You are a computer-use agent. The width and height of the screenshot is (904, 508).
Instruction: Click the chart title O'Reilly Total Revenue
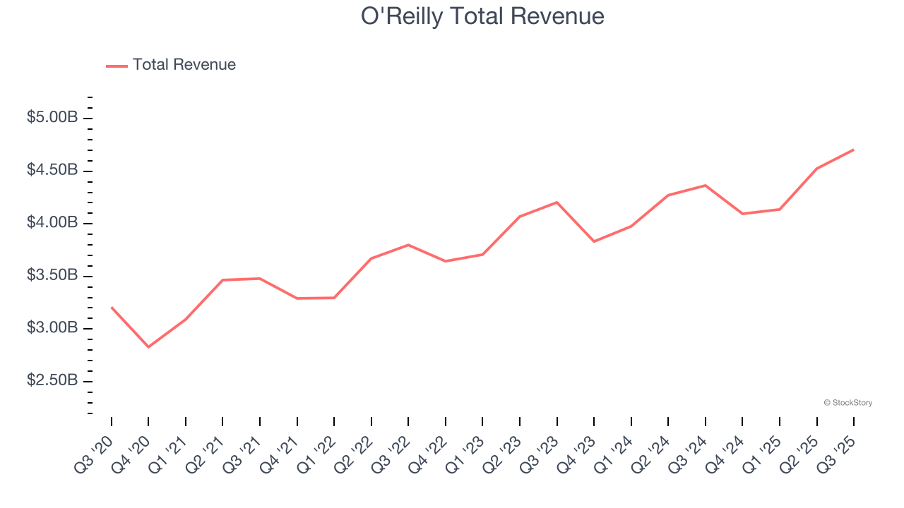[x=482, y=16]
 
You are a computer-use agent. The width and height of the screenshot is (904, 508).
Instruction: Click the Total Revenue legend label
[x=184, y=65]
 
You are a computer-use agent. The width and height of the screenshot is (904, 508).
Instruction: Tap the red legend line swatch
[x=117, y=66]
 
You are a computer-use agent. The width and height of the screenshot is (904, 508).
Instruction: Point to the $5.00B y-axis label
[x=52, y=117]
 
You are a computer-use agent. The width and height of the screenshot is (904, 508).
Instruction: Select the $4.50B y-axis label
[x=52, y=170]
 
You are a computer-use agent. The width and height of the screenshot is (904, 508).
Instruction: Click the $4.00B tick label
[x=52, y=222]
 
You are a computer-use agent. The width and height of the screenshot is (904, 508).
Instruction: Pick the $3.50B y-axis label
[x=52, y=275]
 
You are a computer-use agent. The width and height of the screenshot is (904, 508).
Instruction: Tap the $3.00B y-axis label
[x=52, y=327]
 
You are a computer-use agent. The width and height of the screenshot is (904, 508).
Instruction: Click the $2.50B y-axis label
[x=52, y=380]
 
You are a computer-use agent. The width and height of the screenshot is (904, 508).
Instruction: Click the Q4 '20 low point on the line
[x=148, y=347]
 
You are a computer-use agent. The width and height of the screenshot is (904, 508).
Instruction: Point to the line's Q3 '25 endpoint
[x=853, y=150]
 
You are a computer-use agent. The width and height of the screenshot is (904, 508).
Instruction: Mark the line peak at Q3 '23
[x=557, y=202]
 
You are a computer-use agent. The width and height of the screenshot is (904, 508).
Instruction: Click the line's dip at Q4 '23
[x=594, y=241]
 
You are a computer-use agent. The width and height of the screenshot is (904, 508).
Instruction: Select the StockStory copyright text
[x=847, y=403]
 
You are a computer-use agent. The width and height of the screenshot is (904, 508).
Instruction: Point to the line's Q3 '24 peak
[x=706, y=186]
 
